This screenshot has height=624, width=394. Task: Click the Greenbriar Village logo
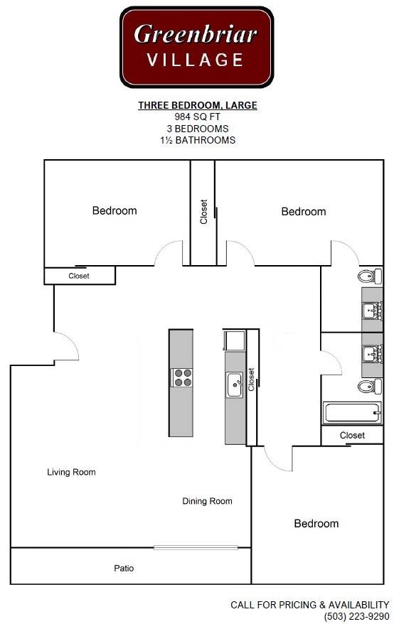(197, 47)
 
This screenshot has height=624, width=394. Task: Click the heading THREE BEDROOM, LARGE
(198, 105)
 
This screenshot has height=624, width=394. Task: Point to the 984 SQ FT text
(198, 117)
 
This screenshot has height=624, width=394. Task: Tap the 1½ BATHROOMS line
(198, 140)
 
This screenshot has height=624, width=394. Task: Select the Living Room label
(71, 473)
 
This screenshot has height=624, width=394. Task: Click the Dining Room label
(207, 502)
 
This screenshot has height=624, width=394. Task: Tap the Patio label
(124, 569)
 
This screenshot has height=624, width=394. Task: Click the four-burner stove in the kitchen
(182, 377)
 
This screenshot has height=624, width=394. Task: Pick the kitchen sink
(235, 384)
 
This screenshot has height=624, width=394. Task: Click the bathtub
(352, 413)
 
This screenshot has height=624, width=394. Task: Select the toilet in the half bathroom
(370, 276)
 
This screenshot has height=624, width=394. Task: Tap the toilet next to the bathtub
(370, 387)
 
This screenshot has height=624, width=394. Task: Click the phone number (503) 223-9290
(356, 616)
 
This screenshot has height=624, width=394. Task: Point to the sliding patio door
(196, 547)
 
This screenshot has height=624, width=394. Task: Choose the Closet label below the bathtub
(352, 436)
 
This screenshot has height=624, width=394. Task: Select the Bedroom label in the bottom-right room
(316, 524)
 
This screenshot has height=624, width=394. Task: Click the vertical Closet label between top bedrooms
(203, 212)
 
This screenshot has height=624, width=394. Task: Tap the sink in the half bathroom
(373, 310)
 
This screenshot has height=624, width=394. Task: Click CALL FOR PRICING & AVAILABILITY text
(310, 605)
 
